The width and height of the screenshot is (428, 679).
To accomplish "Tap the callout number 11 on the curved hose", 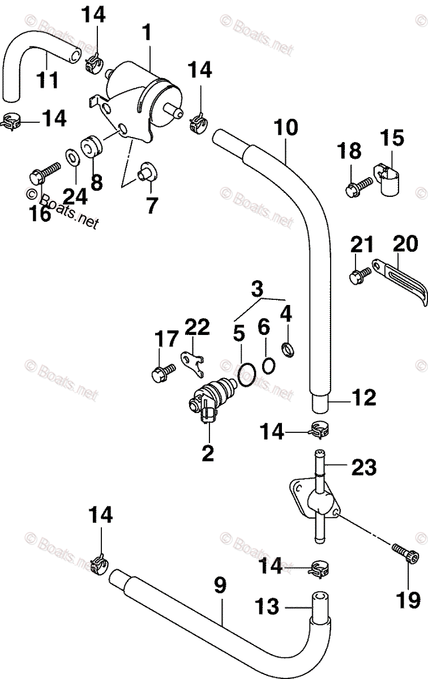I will click(48, 79).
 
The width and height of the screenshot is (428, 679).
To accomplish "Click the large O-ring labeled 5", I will click(246, 375).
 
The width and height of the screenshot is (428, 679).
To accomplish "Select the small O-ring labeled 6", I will click(269, 366).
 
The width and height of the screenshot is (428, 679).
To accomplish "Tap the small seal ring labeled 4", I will click(288, 350).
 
